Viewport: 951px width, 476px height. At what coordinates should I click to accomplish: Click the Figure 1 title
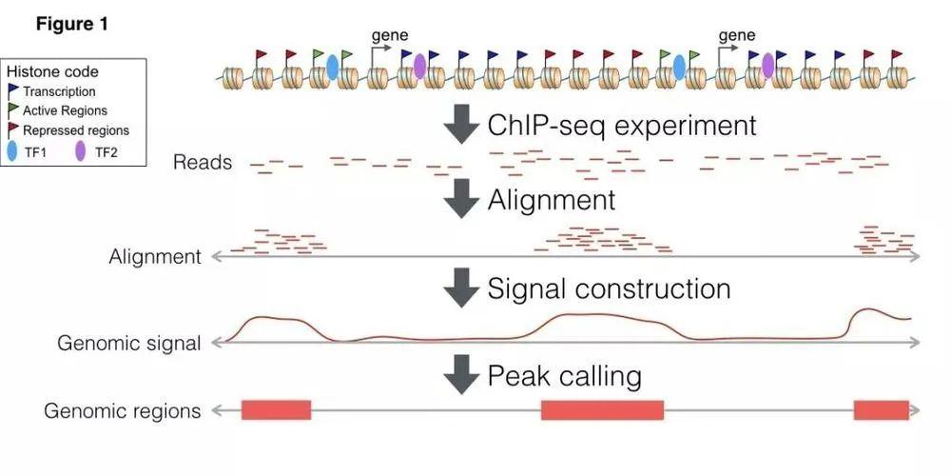click(71, 24)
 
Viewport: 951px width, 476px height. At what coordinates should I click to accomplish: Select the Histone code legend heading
click(52, 72)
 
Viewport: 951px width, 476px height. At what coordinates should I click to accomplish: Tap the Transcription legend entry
click(59, 91)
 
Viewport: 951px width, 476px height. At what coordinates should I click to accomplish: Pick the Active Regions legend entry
click(65, 110)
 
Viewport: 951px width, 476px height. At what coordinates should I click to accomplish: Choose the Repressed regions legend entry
click(75, 130)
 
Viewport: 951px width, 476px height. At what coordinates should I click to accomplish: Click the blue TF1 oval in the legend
click(12, 150)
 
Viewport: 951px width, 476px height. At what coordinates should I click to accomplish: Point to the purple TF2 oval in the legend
click(80, 150)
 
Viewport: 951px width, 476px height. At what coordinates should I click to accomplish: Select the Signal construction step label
click(609, 288)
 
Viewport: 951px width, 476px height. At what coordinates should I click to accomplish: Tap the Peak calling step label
click(564, 375)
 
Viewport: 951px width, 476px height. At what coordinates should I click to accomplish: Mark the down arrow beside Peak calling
click(461, 376)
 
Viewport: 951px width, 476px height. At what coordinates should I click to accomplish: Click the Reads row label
click(203, 163)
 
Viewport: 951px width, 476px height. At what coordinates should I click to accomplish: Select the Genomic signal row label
click(129, 344)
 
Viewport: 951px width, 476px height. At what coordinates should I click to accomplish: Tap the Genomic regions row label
click(123, 411)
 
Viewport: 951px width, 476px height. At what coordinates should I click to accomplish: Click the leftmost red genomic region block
click(276, 410)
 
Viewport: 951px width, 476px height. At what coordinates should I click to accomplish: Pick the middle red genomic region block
click(602, 410)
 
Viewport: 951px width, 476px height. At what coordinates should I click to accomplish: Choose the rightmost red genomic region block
click(881, 410)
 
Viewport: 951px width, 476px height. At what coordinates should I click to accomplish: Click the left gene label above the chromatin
click(389, 35)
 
